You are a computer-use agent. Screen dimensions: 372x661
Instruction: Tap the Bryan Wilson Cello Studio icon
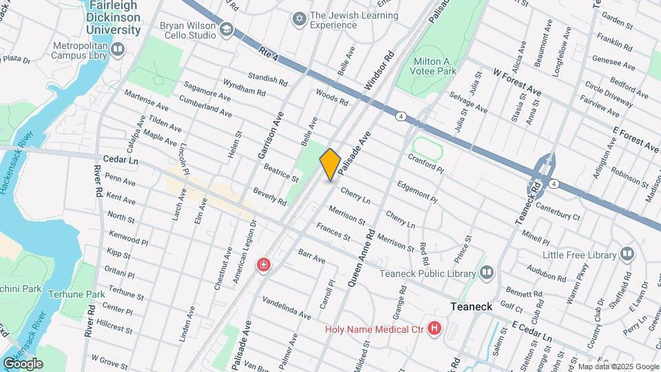click(227, 30)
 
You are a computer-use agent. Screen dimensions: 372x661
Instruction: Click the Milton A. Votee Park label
click(435, 65)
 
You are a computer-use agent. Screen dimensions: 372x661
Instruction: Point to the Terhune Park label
click(76, 294)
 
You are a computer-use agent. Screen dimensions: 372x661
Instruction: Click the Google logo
click(23, 364)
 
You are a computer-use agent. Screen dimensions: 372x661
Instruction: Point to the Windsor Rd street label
click(378, 73)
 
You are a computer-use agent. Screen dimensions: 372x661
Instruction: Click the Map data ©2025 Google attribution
click(618, 366)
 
